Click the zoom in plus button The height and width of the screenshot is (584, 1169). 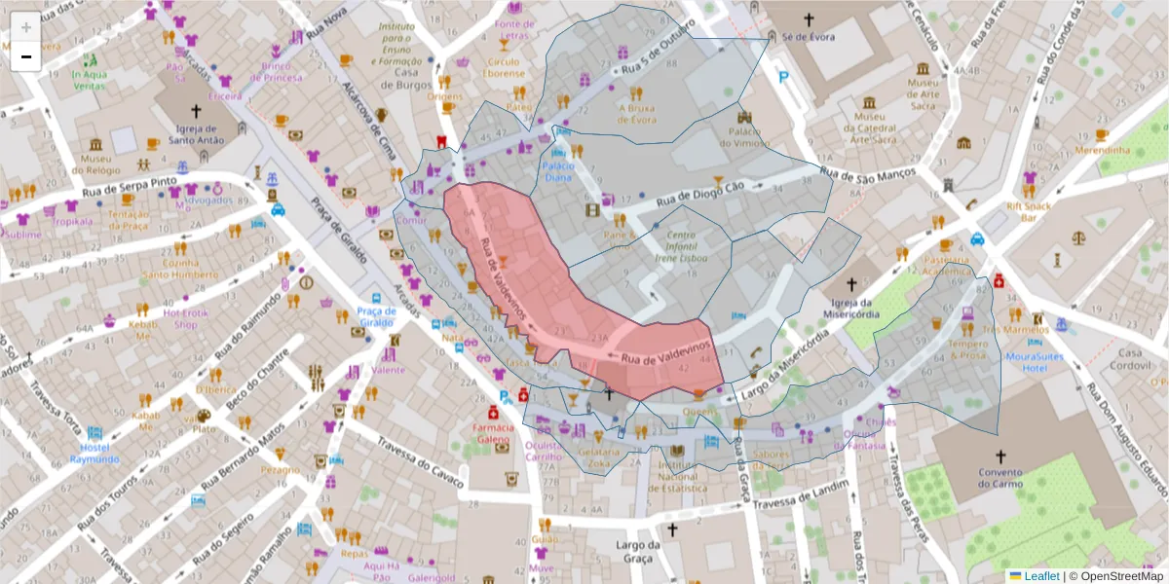click(x=25, y=26)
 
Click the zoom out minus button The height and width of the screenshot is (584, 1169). click(x=25, y=56)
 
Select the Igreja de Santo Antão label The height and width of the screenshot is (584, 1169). click(x=200, y=134)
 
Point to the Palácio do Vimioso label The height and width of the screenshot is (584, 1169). click(x=745, y=137)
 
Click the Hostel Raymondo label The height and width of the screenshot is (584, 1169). click(x=94, y=453)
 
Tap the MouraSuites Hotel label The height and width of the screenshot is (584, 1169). click(x=1034, y=362)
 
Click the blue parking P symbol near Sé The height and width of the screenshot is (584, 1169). click(x=783, y=77)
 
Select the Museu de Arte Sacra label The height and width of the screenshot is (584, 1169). click(x=923, y=89)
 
